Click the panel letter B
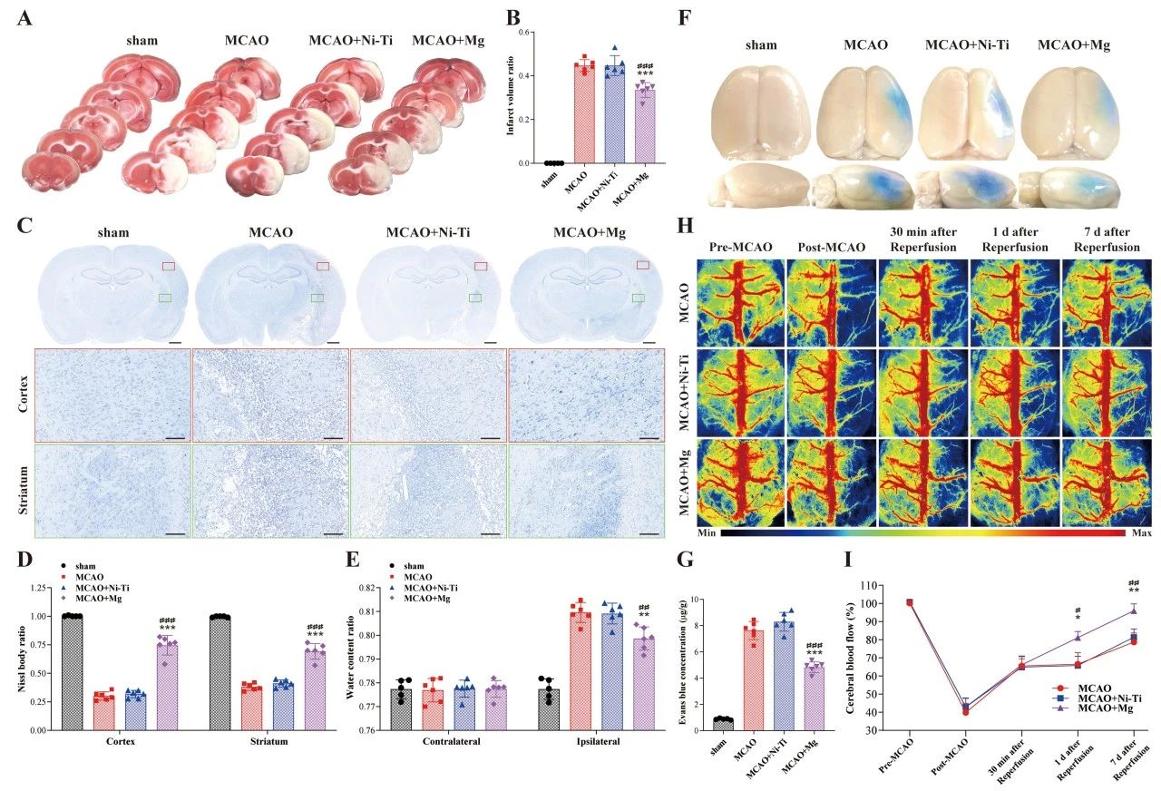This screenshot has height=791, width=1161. tap(513, 17)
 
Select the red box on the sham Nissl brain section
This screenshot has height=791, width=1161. tap(168, 266)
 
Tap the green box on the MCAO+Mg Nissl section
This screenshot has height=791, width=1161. tap(639, 298)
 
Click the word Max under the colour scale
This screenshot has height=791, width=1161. tap(1141, 533)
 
